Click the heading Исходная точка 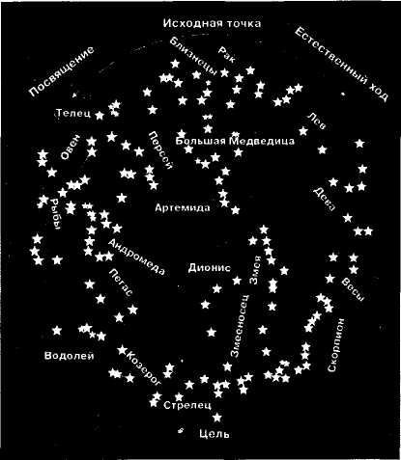tap(212, 23)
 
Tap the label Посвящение tap(62, 71)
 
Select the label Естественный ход tap(341, 65)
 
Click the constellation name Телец tap(73, 113)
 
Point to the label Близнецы tap(193, 56)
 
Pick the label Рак tap(227, 54)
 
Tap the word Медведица tap(262, 141)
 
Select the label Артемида tap(183, 207)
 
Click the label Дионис tap(210, 268)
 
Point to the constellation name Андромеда tap(136, 257)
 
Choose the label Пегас tap(120, 282)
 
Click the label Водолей tap(70, 356)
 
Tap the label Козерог tap(144, 368)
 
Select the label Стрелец tap(187, 405)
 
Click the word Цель tap(215, 434)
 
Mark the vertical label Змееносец tap(240, 325)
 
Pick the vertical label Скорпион tap(336, 345)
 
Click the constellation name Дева tap(324, 200)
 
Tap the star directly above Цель tap(217, 418)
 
